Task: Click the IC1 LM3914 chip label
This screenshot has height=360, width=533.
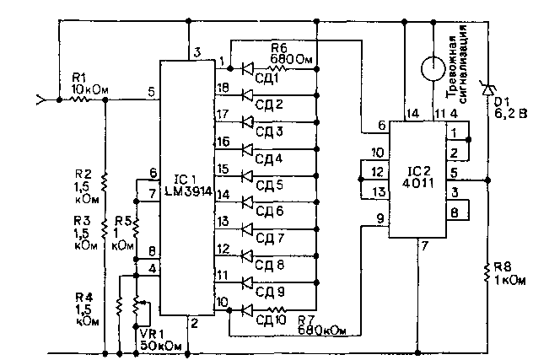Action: [188, 185]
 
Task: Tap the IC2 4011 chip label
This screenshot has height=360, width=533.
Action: [418, 177]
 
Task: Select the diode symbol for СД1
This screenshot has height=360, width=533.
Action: [247, 68]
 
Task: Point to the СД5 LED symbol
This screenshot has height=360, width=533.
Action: [247, 175]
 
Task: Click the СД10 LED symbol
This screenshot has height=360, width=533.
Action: [247, 309]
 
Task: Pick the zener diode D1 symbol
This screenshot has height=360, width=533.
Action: [487, 89]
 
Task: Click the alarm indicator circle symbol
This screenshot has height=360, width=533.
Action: [433, 68]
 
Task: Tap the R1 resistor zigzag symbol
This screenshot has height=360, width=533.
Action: [79, 99]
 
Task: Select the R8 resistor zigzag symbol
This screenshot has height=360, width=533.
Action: [487, 272]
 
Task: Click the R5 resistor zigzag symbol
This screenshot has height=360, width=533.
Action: [136, 228]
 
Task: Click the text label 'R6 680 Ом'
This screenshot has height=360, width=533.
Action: [291, 54]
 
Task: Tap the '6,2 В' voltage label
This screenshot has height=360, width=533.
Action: [510, 113]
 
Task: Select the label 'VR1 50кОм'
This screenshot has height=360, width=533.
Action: [160, 340]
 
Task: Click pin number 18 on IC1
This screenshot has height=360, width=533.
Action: [223, 88]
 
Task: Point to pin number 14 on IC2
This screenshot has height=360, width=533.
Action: [412, 114]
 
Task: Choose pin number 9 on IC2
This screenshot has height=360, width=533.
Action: [380, 218]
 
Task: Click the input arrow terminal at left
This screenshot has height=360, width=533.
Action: [41, 100]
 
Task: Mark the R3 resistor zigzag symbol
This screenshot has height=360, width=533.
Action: [105, 228]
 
